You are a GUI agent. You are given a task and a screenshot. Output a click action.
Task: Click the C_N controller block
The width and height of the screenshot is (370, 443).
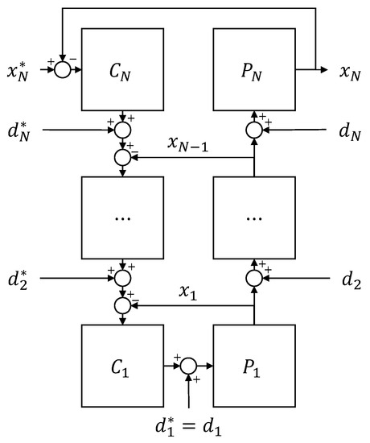pos(121,69)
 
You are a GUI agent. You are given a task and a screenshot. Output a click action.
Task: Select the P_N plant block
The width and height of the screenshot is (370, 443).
pos(254,69)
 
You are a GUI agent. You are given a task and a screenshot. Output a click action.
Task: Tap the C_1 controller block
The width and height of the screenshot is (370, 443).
pos(121,365)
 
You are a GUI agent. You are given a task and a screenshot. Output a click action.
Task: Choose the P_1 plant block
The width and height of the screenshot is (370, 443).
pos(254,365)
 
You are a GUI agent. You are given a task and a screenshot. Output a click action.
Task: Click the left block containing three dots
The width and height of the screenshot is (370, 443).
pos(121,217)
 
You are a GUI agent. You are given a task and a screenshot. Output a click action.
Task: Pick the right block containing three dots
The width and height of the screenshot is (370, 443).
pos(254,217)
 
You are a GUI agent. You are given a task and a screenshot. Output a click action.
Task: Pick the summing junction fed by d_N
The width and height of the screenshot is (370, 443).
pos(254,128)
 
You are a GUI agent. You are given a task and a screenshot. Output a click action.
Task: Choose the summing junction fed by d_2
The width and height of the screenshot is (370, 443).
pos(254,278)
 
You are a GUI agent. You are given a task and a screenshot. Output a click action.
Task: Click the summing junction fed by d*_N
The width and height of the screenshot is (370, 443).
pos(121,128)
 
